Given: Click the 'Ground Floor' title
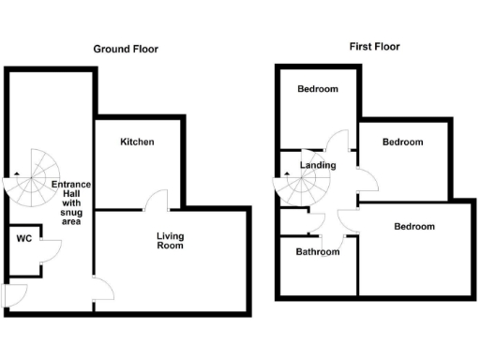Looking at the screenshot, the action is coord(125,49).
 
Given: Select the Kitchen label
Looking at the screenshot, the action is coord(137,142).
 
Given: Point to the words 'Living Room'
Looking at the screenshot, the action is coord(170,241).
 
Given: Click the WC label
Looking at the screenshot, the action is coord(24,238).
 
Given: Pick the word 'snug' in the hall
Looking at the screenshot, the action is coord(72,212).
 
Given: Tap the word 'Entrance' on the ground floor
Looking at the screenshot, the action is coord(71,184).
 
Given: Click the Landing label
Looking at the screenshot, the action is coord(318,166).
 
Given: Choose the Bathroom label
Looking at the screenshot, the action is coord(318,251).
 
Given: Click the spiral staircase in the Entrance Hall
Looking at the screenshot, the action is coord(32,179).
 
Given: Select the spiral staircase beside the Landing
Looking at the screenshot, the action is coord(299,188).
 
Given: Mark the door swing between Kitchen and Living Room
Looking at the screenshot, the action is coord(158,200).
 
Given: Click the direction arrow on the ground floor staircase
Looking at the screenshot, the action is coord(15,175).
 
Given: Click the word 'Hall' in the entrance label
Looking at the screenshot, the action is coord(71,193).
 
